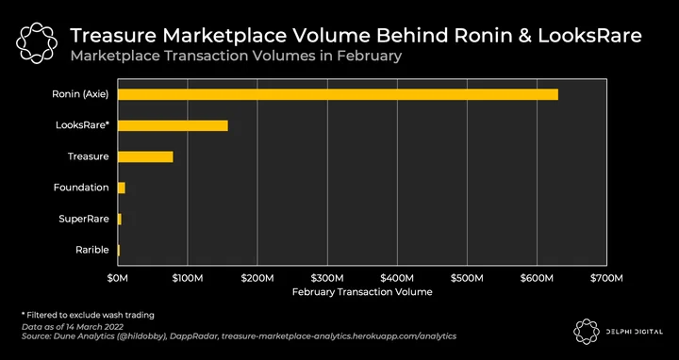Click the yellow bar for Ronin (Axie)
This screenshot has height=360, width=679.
pyautogui.click(x=338, y=94)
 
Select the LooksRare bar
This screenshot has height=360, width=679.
pyautogui.click(x=173, y=125)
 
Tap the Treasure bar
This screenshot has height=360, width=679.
pyautogui.click(x=145, y=156)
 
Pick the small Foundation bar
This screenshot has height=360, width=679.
pyautogui.click(x=122, y=188)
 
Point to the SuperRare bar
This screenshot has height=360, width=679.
pyautogui.click(x=120, y=219)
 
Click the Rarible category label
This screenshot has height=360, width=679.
pyautogui.click(x=91, y=250)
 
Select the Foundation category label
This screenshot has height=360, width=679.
pyautogui.click(x=81, y=188)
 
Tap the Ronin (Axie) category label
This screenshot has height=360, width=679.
pyautogui.click(x=80, y=94)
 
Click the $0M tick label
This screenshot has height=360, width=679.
pyautogui.click(x=117, y=278)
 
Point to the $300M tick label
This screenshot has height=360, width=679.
pyautogui.click(x=327, y=278)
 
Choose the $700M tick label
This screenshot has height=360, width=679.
pyautogui.click(x=606, y=278)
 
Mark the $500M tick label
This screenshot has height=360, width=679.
pyautogui.click(x=467, y=278)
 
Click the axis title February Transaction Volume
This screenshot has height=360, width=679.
pyautogui.click(x=362, y=292)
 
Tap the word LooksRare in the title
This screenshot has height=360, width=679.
pyautogui.click(x=589, y=36)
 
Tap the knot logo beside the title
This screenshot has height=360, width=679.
pyautogui.click(x=37, y=43)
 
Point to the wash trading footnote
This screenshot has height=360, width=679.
pyautogui.click(x=88, y=315)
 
